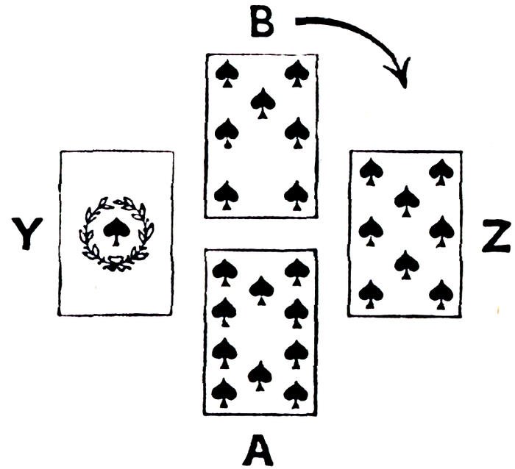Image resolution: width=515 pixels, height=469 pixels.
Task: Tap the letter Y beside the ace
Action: tap(28, 233)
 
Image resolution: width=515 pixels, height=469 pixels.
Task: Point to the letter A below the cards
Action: tap(259, 448)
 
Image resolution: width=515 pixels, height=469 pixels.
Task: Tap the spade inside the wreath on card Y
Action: tap(115, 232)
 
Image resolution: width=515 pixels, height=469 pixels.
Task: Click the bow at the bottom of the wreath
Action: tap(115, 263)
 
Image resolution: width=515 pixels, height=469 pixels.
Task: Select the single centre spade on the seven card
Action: tap(260, 101)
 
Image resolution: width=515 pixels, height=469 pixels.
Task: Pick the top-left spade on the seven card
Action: tap(226, 72)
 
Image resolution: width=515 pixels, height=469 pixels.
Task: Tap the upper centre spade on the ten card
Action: tap(260, 290)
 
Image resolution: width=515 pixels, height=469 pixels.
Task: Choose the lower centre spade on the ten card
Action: tap(260, 375)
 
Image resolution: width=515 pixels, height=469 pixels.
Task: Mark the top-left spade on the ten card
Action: tap(224, 271)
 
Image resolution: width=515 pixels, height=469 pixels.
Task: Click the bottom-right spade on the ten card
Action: tap(296, 393)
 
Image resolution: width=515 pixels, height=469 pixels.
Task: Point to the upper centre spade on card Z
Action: tap(405, 198)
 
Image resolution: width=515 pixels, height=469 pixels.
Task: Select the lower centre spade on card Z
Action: tap(405, 263)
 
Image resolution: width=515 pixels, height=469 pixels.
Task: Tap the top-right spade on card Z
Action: tap(441, 171)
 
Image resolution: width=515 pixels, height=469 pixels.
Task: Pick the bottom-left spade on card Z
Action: tap(370, 293)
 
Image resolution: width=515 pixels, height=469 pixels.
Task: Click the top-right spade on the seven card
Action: tap(296, 72)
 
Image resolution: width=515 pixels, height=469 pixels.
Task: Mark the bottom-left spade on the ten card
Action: tap(224, 393)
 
